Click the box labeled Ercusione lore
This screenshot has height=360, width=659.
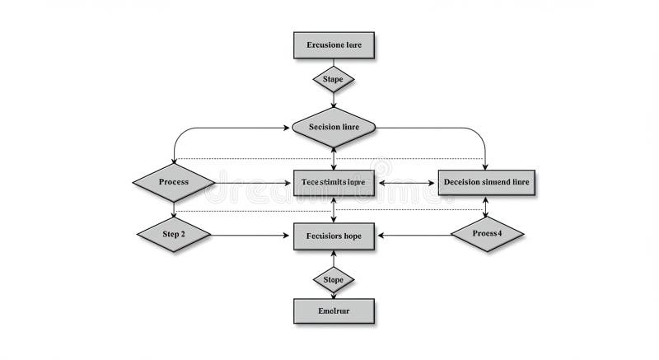[x=334, y=45]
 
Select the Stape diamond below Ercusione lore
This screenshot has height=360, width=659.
[x=334, y=80]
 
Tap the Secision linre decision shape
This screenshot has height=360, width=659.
[x=334, y=127]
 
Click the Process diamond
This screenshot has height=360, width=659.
[x=174, y=182]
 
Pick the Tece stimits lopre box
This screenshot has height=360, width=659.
[x=334, y=182]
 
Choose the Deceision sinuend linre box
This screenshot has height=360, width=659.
[x=486, y=182]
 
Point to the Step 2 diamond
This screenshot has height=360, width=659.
[x=174, y=235]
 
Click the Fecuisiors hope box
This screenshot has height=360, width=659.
[x=334, y=236]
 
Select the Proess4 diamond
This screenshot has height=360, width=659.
[x=487, y=234]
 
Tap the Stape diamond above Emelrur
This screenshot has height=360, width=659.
[x=334, y=280]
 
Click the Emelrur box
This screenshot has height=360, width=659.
[x=334, y=311]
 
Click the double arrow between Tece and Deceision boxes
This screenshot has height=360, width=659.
[x=406, y=182]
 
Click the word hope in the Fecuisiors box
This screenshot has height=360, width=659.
[x=361, y=236]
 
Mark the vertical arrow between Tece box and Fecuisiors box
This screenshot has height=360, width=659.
[x=334, y=209]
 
